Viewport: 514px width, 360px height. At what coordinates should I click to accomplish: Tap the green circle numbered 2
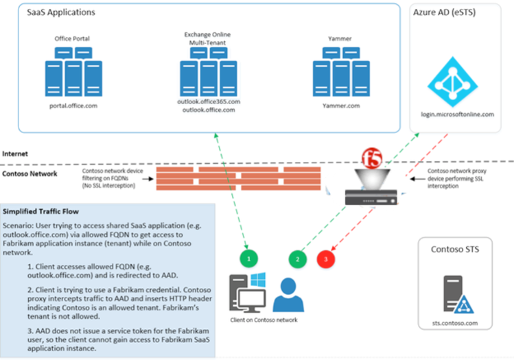click(x=297, y=259)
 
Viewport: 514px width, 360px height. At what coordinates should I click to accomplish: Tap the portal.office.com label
click(x=72, y=106)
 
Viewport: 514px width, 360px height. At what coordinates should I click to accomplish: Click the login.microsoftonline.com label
click(x=457, y=115)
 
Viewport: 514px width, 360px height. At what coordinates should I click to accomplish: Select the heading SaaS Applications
click(x=60, y=13)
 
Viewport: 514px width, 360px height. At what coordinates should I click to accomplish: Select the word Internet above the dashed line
click(x=16, y=154)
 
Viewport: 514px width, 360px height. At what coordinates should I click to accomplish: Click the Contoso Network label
click(x=30, y=174)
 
